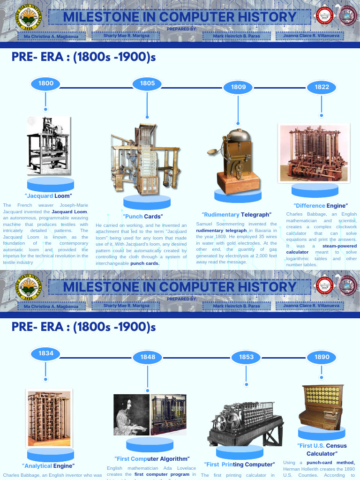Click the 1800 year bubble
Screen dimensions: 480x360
(46, 84)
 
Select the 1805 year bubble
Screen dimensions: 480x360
(147, 83)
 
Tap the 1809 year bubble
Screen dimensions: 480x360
(238, 87)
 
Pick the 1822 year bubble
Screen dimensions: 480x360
(322, 87)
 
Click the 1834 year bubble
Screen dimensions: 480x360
(46, 353)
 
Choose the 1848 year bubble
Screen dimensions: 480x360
(148, 357)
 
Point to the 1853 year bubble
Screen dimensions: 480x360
(246, 357)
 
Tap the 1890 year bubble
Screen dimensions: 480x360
(322, 357)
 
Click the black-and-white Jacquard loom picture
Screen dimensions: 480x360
(48, 145)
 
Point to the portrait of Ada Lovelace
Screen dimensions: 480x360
(131, 415)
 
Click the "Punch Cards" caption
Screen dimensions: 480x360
(143, 217)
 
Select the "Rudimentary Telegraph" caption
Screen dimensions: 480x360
(236, 215)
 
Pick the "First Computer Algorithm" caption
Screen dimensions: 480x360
(152, 458)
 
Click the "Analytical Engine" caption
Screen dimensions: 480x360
(48, 466)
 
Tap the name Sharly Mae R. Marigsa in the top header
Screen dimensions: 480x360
(127, 36)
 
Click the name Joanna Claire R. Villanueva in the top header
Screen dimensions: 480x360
(310, 36)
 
